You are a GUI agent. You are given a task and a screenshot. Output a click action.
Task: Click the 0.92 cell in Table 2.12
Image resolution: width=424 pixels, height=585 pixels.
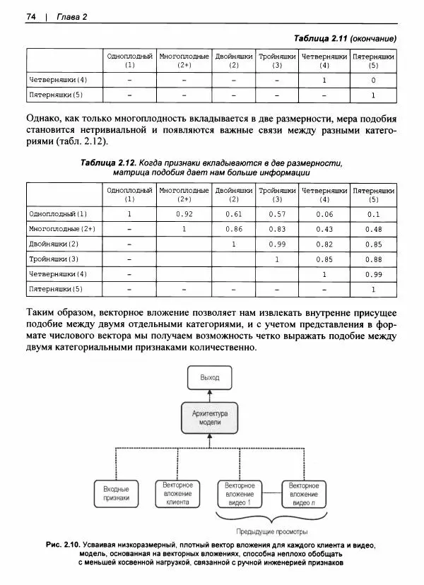pos(184,213)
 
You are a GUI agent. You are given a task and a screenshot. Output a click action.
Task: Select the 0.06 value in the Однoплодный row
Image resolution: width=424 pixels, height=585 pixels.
pos(324,213)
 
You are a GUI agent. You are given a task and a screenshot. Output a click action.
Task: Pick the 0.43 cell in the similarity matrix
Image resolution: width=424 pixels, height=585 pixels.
pos(324,229)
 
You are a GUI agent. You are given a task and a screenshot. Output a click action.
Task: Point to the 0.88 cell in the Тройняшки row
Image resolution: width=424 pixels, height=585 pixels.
pos(374,259)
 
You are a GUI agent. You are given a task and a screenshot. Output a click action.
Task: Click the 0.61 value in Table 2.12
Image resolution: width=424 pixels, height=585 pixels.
pos(234,213)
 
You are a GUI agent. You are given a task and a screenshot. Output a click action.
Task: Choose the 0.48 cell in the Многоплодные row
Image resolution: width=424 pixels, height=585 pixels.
pos(374,229)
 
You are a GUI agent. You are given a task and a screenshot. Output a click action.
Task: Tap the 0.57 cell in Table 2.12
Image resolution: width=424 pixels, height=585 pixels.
pos(277,213)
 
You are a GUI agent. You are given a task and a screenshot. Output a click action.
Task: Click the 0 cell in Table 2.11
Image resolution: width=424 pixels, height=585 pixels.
pos(374,80)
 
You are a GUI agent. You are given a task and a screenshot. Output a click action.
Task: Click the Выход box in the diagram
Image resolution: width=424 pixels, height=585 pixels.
pos(210,378)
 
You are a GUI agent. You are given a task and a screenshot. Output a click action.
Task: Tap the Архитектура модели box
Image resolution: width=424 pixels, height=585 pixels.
pos(210,416)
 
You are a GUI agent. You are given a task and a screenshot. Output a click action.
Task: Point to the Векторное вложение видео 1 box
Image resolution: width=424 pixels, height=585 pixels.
pos(239,493)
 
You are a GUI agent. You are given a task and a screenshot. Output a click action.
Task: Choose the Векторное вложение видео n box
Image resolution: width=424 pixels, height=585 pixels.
pos(304,493)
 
